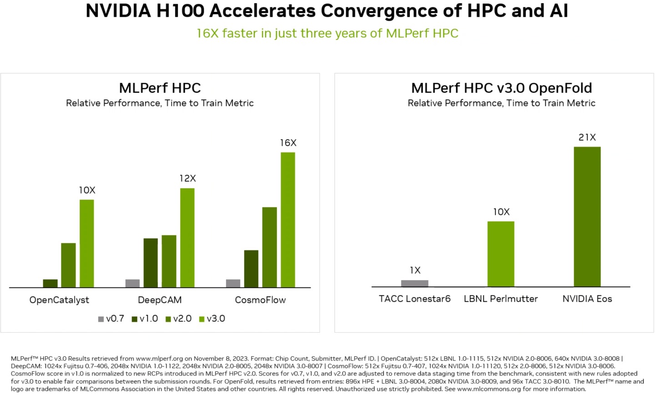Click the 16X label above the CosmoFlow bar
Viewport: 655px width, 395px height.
point(288,143)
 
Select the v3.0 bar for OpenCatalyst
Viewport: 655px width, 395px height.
point(87,243)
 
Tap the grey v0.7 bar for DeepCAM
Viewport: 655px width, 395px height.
point(132,283)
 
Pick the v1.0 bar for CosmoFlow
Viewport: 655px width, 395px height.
point(251,268)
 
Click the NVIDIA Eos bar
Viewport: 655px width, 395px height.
point(587,217)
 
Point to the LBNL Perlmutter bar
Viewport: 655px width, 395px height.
point(501,254)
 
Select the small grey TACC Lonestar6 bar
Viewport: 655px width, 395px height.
point(414,283)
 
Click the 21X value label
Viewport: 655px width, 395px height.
point(587,137)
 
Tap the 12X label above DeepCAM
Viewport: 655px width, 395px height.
point(187,178)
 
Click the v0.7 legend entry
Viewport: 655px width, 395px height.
point(111,319)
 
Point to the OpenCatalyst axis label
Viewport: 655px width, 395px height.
point(59,300)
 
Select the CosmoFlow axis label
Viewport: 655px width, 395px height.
point(260,300)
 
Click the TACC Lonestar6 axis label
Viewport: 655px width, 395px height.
point(414,299)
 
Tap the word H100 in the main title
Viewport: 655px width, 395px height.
point(181,11)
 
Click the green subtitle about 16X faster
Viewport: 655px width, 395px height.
point(327,33)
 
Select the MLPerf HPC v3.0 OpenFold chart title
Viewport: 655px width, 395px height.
point(501,88)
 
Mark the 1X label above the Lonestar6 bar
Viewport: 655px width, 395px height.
point(415,270)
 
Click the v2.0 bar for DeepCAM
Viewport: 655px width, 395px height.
point(169,261)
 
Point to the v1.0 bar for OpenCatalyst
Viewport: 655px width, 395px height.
point(50,283)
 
